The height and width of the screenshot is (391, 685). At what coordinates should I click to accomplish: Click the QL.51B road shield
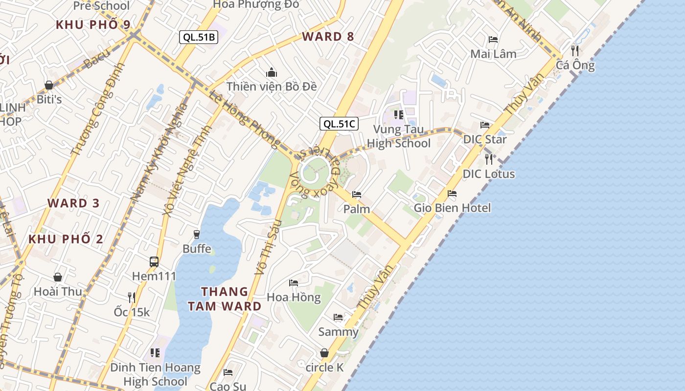(x=198, y=37)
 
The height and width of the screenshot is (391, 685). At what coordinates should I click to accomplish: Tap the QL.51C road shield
(x=339, y=124)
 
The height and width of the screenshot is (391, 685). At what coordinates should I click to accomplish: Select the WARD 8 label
(x=328, y=36)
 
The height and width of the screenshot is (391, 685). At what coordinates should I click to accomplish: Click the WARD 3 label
(x=73, y=203)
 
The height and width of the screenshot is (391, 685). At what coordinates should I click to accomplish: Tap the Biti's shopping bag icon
(x=49, y=86)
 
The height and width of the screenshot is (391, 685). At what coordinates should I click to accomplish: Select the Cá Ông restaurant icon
(x=575, y=50)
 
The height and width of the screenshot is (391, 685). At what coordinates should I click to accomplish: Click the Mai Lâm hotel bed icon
(x=493, y=40)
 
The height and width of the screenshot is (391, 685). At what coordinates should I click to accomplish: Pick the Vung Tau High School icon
(x=399, y=115)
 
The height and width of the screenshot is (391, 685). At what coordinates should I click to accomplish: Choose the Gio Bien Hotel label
(x=452, y=208)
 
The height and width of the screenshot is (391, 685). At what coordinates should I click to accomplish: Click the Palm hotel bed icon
(x=357, y=195)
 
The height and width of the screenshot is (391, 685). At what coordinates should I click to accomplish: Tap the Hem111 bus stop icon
(x=154, y=261)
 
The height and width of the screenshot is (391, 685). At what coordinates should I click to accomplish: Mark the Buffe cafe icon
(x=197, y=235)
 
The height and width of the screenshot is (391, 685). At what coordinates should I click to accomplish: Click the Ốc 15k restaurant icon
(x=132, y=297)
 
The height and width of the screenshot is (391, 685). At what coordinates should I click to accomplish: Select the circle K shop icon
(x=324, y=353)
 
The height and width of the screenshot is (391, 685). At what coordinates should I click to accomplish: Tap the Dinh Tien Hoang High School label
(x=155, y=374)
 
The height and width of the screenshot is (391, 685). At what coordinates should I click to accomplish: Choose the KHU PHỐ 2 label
(x=66, y=239)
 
